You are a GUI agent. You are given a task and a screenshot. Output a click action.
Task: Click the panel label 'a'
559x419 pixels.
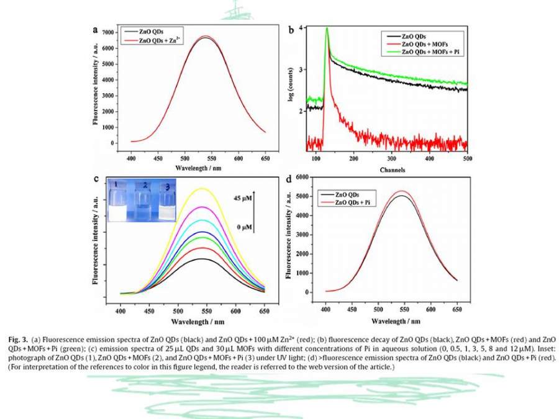pos(95,29)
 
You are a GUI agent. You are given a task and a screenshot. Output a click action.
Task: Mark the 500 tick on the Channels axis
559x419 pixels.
pos(467,159)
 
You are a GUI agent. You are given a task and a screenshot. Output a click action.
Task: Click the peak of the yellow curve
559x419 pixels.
pos(202,188)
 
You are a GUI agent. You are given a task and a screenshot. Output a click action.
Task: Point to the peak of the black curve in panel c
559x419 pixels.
pos(202,259)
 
